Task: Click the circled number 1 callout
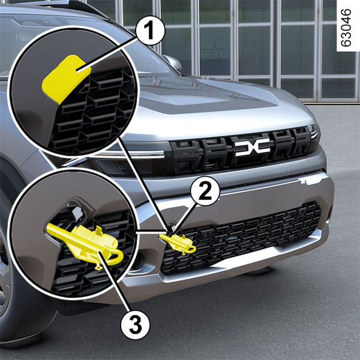tap(151, 31)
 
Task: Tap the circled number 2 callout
tap(205, 191)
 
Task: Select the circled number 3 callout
tap(136, 325)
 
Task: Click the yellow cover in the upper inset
tap(66, 79)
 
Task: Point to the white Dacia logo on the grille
tap(253, 147)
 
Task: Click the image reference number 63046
tap(346, 28)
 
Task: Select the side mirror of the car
tap(172, 63)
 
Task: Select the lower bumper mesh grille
tap(241, 239)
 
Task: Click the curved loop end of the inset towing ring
tap(116, 257)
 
